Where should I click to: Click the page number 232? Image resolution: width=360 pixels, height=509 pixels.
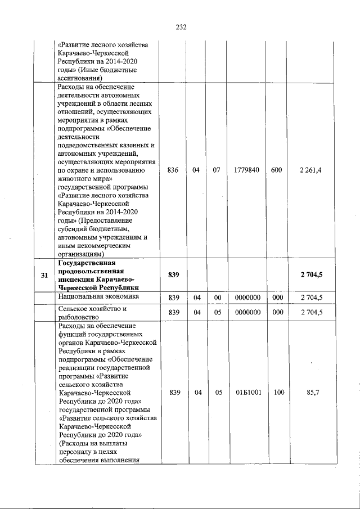[x=181, y=27]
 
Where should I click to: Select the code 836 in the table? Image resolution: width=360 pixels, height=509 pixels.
[x=173, y=170]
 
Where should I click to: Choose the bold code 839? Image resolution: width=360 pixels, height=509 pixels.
[x=173, y=275]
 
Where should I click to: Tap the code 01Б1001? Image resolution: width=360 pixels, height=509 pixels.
[x=246, y=393]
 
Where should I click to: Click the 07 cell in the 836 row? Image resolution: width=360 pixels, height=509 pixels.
[x=217, y=170]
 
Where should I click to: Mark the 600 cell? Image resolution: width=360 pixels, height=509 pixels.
[x=276, y=170]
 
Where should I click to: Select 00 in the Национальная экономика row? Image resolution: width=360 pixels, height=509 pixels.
[x=217, y=296]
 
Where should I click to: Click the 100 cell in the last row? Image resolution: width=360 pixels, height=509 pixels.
[x=276, y=393]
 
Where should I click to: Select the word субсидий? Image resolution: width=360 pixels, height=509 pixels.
[x=75, y=229]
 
